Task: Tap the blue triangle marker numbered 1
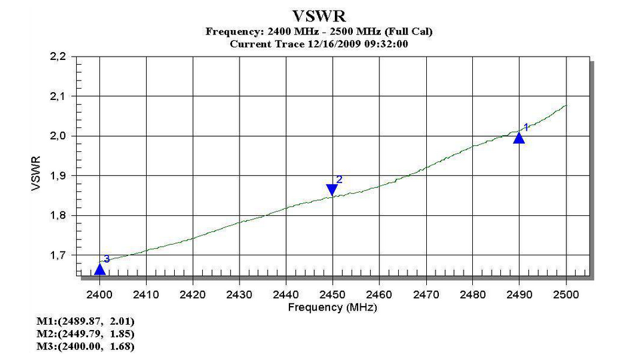(x=519, y=137)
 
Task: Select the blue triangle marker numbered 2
(x=332, y=190)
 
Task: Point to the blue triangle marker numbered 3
(x=100, y=269)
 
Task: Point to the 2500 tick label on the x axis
(x=566, y=294)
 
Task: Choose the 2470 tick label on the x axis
(x=426, y=294)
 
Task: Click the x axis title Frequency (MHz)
(x=332, y=307)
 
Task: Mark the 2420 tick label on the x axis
(x=193, y=294)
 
